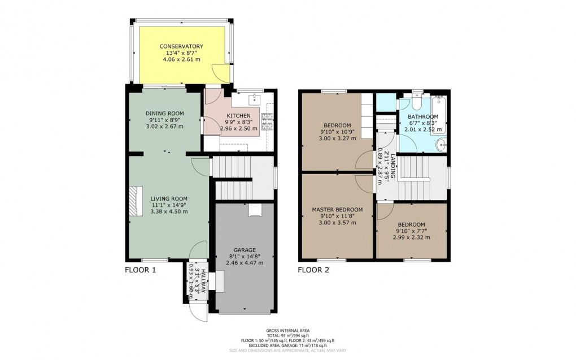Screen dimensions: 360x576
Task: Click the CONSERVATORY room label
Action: coord(181,46)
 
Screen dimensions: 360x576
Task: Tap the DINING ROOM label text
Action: coord(167,113)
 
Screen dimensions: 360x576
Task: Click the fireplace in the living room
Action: coord(133,201)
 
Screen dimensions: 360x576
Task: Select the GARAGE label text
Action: coord(245,250)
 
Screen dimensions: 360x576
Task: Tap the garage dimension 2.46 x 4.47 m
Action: coord(245,263)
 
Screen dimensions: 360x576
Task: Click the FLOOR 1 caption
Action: coord(140,270)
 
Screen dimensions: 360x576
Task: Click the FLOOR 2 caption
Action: coord(314,270)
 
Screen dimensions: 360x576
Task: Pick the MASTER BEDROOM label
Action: coord(337,209)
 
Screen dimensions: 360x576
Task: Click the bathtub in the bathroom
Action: coord(439,115)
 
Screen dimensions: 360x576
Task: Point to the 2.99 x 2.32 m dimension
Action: coord(411,237)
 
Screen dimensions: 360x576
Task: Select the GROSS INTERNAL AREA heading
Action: coord(287,330)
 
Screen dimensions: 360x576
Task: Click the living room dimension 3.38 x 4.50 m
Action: coord(169,211)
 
